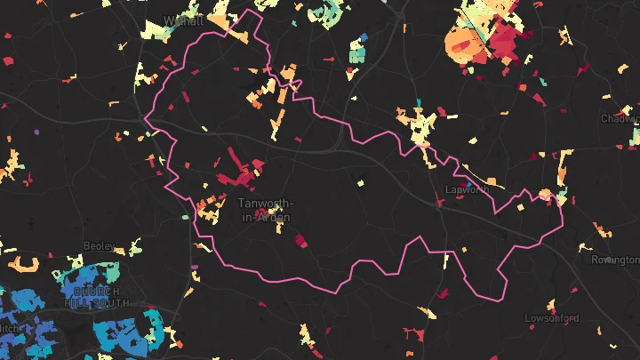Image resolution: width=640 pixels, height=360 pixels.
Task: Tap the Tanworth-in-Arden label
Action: coord(265,211)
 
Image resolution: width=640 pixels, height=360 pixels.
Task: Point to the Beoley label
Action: coord(99,245)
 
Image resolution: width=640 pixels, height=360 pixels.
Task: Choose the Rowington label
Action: coord(615,260)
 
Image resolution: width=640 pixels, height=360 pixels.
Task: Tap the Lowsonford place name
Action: coord(552,318)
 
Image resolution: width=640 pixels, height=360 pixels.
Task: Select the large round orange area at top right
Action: coord(461,42)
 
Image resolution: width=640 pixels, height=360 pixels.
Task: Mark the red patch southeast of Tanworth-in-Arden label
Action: coord(300,239)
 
